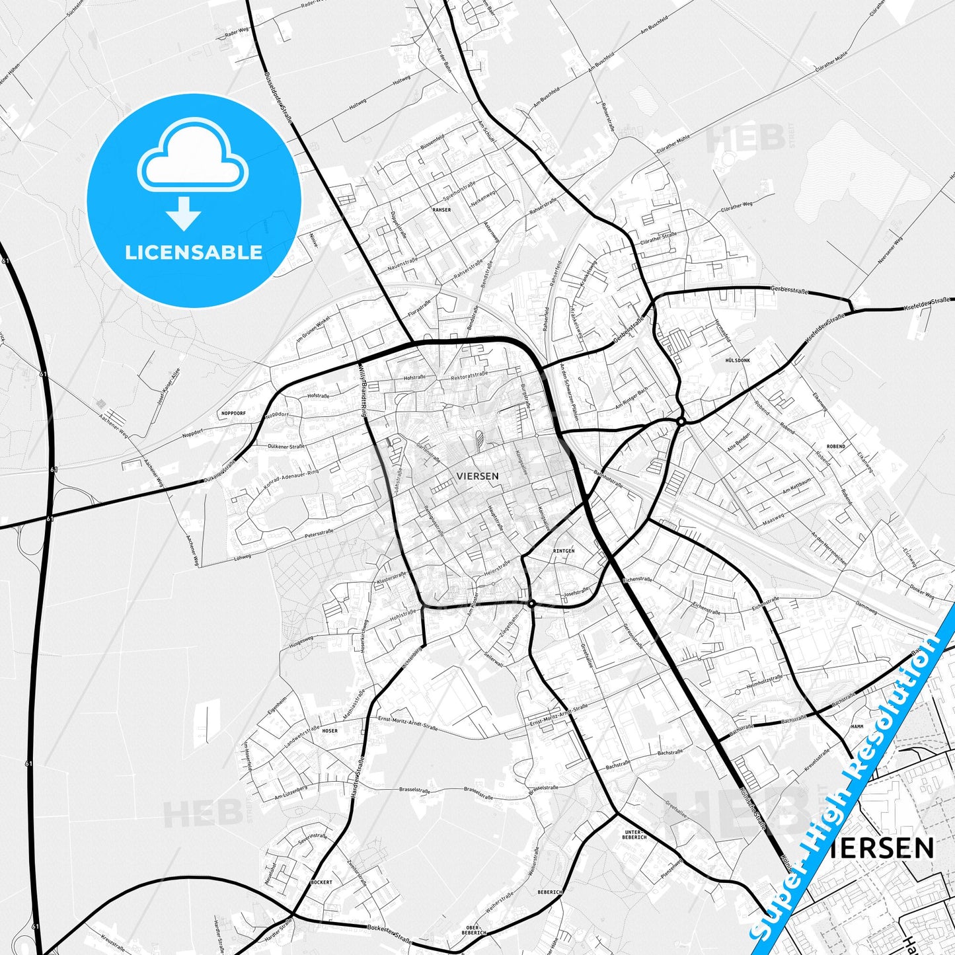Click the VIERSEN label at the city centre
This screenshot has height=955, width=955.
tap(477, 475)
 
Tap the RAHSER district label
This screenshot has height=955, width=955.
tap(441, 210)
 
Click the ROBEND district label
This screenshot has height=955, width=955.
tap(835, 447)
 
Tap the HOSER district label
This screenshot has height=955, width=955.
tap(329, 730)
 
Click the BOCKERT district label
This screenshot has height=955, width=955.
tap(321, 882)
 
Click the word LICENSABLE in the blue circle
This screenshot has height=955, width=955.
tap(194, 252)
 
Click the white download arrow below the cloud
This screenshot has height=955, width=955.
tap(184, 213)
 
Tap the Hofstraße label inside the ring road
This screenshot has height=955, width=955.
tap(414, 377)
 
